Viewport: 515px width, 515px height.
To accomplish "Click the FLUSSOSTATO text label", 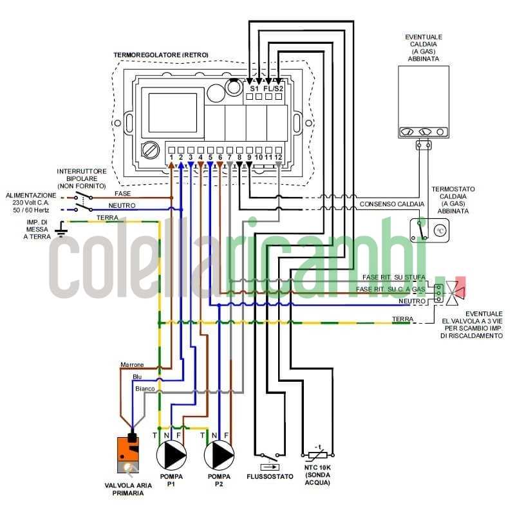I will click(270, 476).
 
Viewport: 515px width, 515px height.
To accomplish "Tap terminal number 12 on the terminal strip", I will click(278, 157).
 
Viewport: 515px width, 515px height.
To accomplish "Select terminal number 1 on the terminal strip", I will click(171, 157).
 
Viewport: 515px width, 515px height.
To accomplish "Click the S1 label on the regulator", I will click(254, 88).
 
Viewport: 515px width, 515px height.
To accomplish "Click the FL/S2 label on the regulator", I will click(274, 88).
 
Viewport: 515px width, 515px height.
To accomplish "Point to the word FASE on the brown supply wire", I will click(122, 193).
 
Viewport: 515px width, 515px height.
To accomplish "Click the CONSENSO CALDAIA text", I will click(391, 204).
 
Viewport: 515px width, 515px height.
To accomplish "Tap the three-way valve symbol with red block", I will click(454, 291).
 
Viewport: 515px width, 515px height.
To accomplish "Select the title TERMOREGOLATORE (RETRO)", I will click(161, 55).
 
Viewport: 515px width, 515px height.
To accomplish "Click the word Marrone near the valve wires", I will click(132, 365).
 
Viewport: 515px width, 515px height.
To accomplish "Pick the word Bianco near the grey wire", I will click(144, 389).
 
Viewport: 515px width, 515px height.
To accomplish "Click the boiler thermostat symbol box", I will click(430, 229).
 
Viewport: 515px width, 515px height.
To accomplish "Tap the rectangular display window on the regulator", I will click(173, 113).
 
